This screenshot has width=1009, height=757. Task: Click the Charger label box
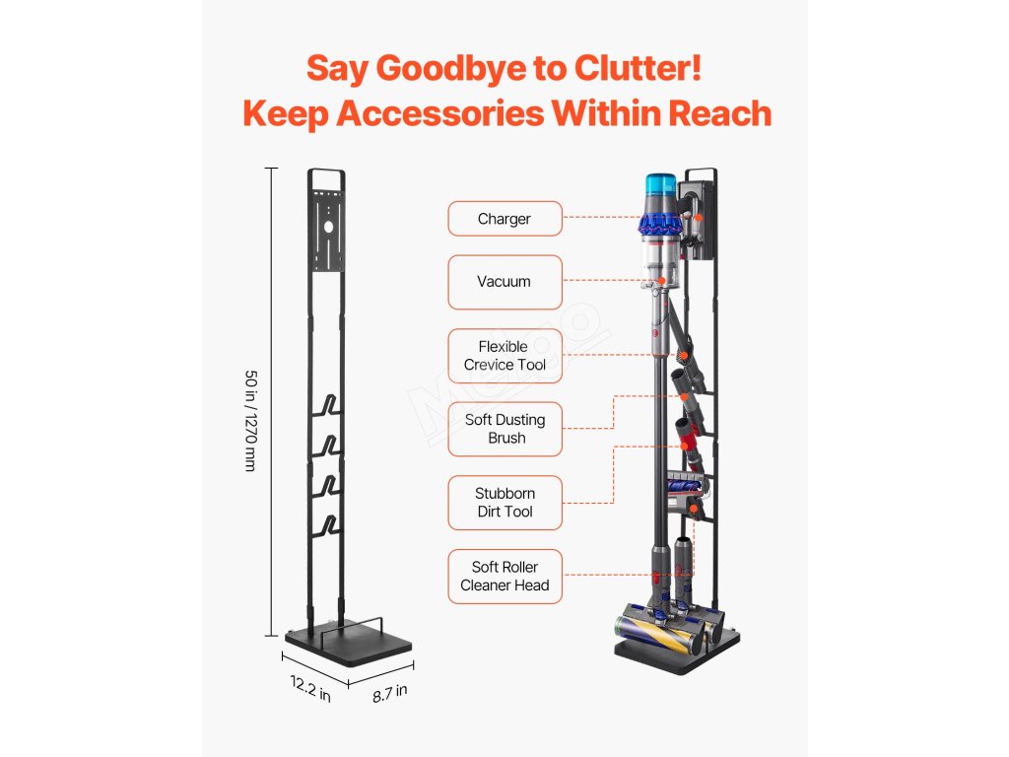tap(504, 219)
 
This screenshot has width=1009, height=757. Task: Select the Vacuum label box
tap(504, 282)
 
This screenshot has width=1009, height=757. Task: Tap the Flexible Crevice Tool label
tap(504, 356)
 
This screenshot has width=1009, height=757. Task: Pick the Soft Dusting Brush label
tap(504, 429)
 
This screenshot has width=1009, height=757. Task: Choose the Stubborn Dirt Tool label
tap(504, 503)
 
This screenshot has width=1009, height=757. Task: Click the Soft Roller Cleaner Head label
tap(504, 577)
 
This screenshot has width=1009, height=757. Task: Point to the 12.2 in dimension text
tap(309, 687)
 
